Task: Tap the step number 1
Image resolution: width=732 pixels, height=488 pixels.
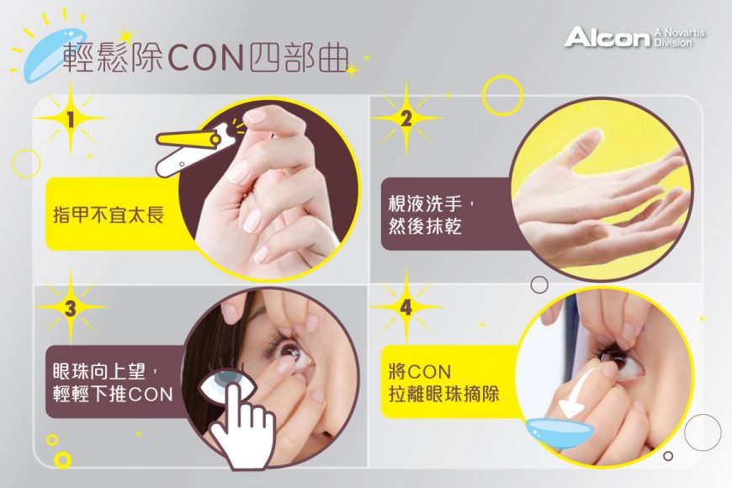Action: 71,120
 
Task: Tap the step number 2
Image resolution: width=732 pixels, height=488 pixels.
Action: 406,119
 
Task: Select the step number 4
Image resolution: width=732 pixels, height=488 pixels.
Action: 406,309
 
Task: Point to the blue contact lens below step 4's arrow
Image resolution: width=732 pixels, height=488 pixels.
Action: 560,432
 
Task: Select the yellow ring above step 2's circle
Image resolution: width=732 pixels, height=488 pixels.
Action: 503,94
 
